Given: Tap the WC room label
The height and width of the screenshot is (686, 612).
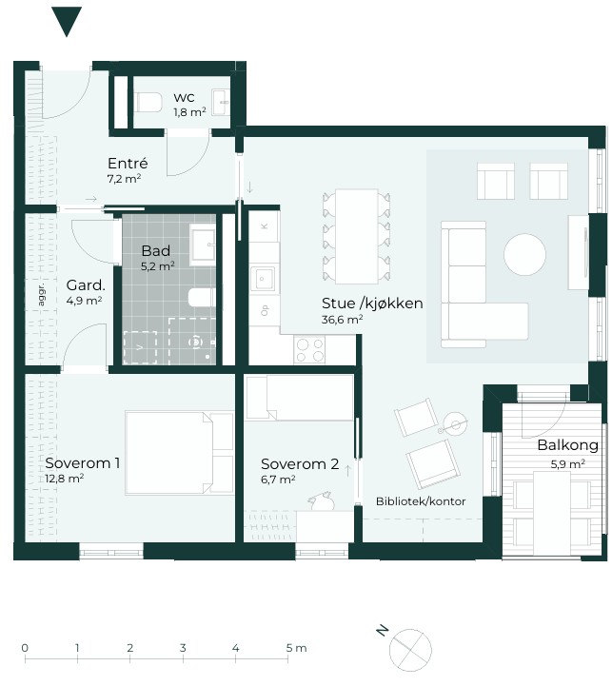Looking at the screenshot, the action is tap(184, 98).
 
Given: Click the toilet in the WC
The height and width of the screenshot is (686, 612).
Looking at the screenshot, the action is tap(148, 102).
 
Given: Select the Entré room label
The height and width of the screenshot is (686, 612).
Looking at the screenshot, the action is tap(128, 164).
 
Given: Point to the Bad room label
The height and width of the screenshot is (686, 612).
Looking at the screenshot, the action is tap(156, 250).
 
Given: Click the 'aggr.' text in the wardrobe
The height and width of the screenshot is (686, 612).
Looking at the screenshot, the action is tap(41, 294).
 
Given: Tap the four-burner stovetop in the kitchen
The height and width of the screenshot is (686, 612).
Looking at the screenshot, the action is tap(310, 349).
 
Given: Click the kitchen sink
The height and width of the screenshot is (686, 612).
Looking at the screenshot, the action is tap(263, 279).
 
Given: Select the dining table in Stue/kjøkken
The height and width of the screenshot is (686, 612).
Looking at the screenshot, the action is tap(357, 236).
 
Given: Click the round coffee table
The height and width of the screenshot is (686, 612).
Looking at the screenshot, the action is tap(524, 255).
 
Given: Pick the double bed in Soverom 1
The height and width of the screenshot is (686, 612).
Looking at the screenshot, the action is tap(180, 453).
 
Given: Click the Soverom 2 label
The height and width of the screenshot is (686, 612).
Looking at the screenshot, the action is tap(300, 463).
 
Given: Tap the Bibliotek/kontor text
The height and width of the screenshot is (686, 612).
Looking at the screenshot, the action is tap(421, 501).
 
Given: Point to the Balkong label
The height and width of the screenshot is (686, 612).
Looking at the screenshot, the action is tap(568, 445).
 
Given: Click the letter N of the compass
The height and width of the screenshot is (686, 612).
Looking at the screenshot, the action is tap(383, 631).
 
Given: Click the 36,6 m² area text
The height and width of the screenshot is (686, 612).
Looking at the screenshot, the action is tap(342, 320).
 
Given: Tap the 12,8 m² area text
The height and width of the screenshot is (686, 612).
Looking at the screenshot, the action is tap(65, 479).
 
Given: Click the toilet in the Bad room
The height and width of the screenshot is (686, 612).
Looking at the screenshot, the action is tap(202, 298).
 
